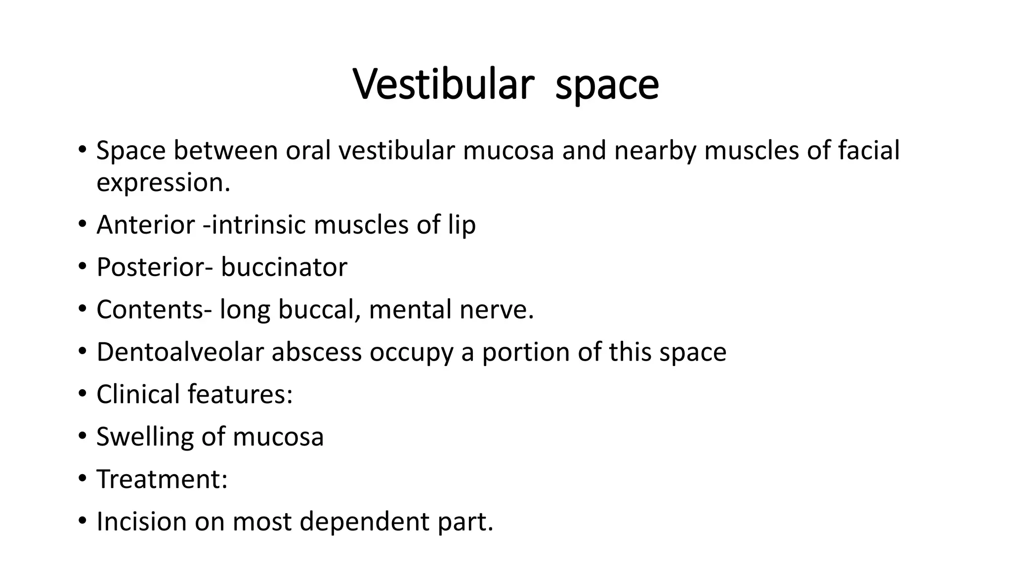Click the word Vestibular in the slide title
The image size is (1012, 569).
[444, 84]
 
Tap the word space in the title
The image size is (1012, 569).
[607, 85]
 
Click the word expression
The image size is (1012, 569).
[163, 183]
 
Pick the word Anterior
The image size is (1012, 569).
[146, 225]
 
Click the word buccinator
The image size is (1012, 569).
[284, 267]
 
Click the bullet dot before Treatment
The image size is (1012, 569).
[82, 479]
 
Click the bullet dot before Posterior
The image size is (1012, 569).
[82, 267]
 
